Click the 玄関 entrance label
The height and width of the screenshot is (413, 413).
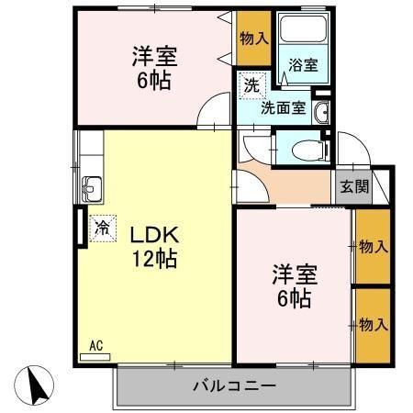point(355,186)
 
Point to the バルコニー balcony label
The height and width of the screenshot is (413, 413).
point(233,385)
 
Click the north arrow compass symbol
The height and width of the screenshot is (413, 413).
point(37,385)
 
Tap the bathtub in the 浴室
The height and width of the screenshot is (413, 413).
point(300,32)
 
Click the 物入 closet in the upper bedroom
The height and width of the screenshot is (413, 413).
point(253,38)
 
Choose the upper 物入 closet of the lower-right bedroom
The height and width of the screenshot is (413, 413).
point(372,247)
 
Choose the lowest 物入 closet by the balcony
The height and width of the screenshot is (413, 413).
point(372,325)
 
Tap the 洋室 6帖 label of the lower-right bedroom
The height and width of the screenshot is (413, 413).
point(292,286)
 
